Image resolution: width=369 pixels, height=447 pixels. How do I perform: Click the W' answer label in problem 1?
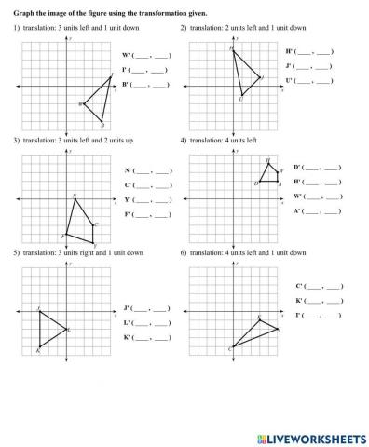[127, 56]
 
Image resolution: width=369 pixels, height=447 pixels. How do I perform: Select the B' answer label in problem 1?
[127, 85]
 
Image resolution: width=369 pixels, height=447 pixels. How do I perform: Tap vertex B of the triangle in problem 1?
[102, 122]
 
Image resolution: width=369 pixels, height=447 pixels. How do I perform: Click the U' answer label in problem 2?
[291, 81]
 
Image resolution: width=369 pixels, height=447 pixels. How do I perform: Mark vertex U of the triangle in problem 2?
[241, 96]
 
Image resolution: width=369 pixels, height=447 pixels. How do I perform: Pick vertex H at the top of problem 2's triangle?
[232, 49]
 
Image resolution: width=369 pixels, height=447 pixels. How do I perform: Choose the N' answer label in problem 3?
[128, 170]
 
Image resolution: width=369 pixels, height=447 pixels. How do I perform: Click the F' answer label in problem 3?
[128, 214]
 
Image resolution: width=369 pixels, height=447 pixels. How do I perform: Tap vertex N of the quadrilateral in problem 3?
[75, 197]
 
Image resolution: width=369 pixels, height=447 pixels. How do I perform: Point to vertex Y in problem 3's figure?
[93, 242]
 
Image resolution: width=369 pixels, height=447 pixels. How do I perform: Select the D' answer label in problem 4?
[297, 168]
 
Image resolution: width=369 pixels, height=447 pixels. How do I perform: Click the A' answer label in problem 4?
[297, 211]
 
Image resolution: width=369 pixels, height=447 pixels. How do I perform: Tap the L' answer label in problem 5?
[127, 322]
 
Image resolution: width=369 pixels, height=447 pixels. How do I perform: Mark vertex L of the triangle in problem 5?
[66, 329]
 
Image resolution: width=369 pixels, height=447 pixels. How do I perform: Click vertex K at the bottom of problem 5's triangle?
[39, 346]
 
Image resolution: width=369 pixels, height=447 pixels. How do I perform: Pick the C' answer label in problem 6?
[300, 286]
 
